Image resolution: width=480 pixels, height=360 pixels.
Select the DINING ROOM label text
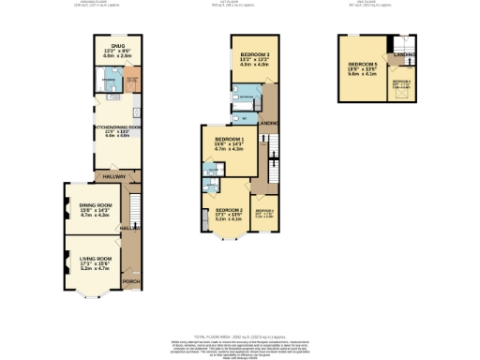[96, 204]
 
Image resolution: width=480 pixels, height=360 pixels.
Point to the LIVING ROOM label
[96, 259]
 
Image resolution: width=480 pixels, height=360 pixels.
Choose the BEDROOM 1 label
[229, 138]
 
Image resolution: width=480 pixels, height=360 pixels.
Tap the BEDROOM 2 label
[229, 210]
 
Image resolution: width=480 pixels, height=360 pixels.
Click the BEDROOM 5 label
[362, 64]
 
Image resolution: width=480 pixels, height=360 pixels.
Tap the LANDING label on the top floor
[405, 55]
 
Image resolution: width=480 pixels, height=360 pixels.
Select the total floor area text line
[239, 335]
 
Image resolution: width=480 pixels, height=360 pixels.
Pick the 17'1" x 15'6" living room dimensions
[96, 264]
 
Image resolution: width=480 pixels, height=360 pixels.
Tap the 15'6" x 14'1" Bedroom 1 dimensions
[229, 143]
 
